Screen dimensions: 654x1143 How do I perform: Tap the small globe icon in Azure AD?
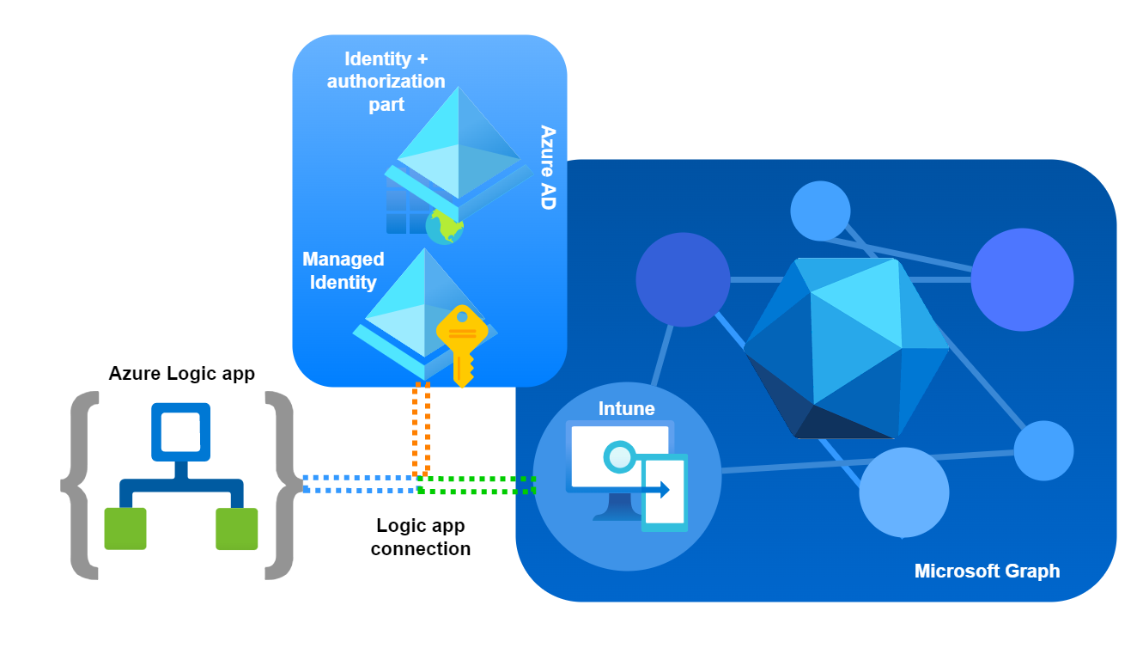445,226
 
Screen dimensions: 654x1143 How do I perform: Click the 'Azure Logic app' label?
181,374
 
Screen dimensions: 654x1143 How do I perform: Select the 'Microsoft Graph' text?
987,571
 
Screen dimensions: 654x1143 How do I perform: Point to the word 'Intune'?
626,409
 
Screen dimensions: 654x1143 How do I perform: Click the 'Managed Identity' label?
343,271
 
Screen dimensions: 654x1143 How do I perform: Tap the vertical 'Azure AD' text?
547,167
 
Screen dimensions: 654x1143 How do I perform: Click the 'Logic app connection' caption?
421,537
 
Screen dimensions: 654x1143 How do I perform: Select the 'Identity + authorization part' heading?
386,82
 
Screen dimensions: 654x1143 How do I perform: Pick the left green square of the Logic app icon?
125,529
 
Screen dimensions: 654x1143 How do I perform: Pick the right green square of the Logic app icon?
236,529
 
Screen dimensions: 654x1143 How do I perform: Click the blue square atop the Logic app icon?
180,431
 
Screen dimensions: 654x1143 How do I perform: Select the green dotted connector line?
477,485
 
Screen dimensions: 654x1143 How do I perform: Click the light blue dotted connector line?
361,484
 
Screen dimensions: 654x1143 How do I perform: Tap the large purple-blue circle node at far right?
1022,279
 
